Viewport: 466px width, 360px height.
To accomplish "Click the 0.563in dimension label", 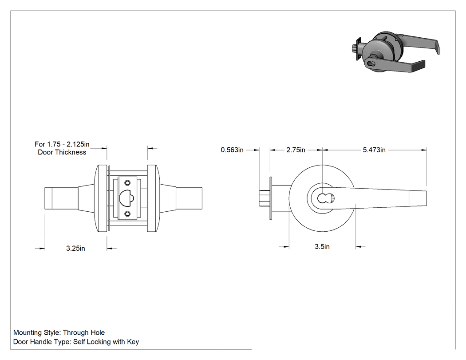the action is click(x=232, y=150).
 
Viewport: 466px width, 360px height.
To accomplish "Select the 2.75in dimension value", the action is click(x=296, y=150).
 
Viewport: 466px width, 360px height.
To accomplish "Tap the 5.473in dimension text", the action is click(x=374, y=150).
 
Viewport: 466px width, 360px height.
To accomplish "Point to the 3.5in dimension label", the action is click(x=322, y=246).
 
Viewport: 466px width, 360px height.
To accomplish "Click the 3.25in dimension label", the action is click(x=75, y=248).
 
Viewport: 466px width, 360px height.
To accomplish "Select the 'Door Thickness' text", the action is click(x=62, y=152).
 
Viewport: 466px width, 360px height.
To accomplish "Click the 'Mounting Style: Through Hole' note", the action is click(x=59, y=332).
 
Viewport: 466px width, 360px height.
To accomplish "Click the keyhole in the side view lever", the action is click(x=322, y=198).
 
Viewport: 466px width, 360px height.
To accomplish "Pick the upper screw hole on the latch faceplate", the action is click(x=127, y=182).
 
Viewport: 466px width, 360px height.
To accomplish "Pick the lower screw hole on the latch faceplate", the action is click(x=127, y=214).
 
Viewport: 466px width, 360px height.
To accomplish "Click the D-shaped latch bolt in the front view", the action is click(x=126, y=198).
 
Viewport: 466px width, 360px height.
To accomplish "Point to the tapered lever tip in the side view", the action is click(x=418, y=198).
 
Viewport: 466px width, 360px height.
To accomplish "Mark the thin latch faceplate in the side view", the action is click(x=271, y=198).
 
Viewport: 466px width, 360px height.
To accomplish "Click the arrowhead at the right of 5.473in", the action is click(x=424, y=150).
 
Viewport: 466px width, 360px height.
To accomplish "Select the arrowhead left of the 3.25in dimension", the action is click(x=42, y=248).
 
